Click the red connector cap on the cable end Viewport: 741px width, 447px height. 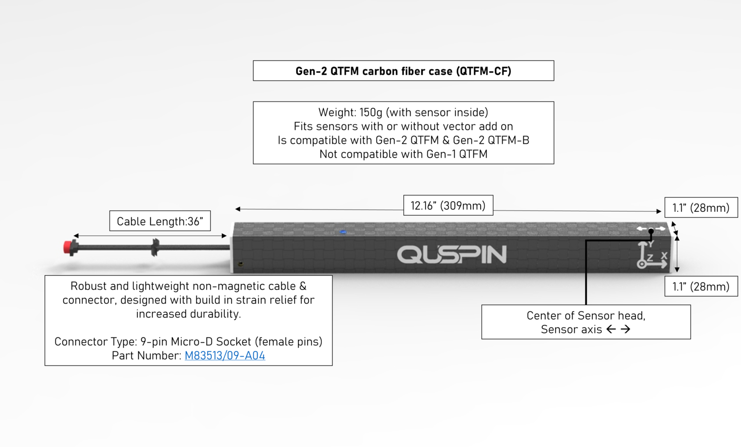click(68, 248)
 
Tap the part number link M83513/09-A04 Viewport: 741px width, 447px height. click(225, 356)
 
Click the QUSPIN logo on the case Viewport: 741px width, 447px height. click(452, 254)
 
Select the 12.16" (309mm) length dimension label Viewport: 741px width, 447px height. click(448, 206)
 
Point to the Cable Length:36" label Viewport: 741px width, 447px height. click(160, 221)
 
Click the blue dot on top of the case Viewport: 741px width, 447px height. click(343, 232)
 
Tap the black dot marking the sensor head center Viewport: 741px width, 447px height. click(651, 230)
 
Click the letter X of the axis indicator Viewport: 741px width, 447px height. click(664, 256)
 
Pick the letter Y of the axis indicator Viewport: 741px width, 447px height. click(651, 244)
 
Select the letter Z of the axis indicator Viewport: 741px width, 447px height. click(650, 258)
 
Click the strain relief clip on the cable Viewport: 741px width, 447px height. click(155, 247)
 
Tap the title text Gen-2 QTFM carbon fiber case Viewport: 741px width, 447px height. click(403, 71)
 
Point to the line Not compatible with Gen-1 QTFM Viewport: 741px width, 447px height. click(403, 154)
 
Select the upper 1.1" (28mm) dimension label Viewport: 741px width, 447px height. click(701, 208)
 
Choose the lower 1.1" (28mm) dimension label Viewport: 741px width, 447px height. click(701, 286)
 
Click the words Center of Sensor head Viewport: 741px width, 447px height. click(586, 316)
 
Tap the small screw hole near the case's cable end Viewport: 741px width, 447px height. click(241, 264)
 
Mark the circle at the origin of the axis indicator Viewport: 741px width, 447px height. click(642, 264)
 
